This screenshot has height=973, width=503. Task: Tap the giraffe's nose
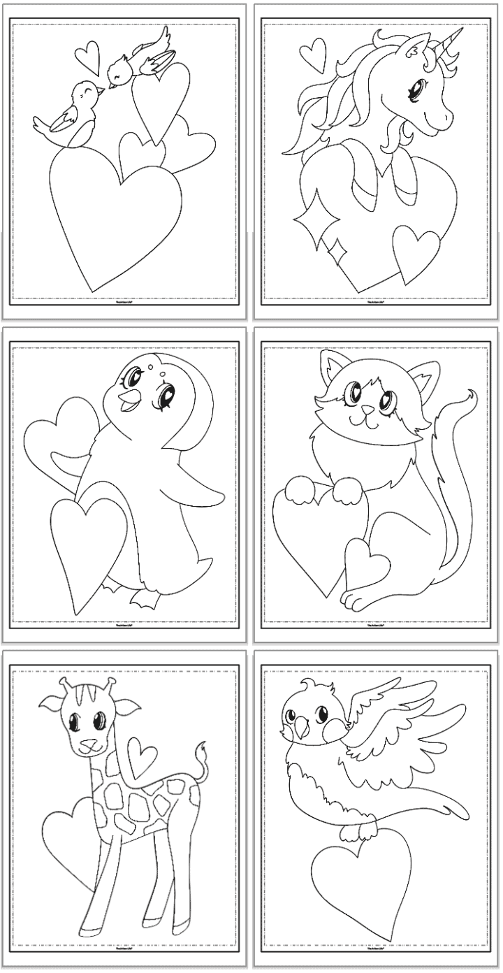click(x=87, y=742)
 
